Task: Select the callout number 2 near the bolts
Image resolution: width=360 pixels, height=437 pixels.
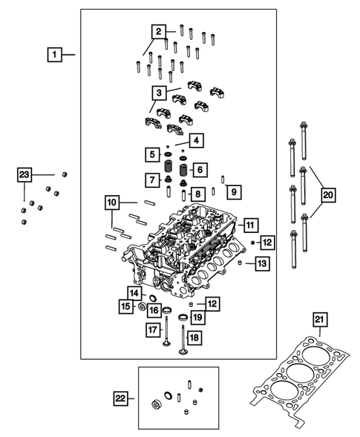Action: (x=157, y=31)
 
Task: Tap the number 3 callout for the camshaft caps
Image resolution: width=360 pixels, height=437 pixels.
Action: (x=157, y=93)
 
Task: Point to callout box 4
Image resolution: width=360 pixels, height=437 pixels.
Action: (x=197, y=140)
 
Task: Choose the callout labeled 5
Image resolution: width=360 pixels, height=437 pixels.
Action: (x=151, y=154)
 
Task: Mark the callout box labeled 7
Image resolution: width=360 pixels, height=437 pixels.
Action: (x=151, y=180)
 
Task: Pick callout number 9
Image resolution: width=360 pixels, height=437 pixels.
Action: (x=232, y=193)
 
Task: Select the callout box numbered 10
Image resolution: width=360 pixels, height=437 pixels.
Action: (x=112, y=202)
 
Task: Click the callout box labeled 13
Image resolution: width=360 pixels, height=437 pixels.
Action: (x=261, y=263)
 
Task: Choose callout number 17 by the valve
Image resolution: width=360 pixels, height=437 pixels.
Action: (x=151, y=329)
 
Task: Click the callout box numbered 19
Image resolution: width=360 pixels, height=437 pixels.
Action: (x=197, y=318)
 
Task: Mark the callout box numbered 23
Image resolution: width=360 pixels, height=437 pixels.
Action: (x=25, y=174)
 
